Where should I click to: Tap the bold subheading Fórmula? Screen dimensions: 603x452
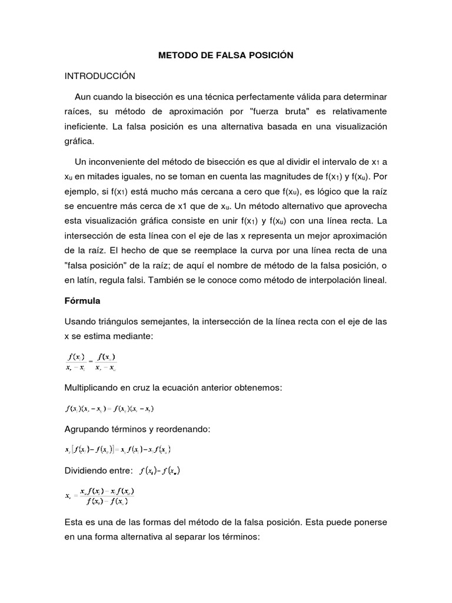tap(82, 300)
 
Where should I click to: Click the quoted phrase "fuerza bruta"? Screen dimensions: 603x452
tap(266, 111)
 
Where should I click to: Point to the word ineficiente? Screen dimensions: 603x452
tap(88, 126)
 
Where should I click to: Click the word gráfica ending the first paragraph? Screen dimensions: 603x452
tap(79, 141)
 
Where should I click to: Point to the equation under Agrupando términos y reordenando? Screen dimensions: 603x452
tap(118, 449)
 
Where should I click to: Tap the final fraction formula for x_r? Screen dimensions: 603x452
tap(101, 495)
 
